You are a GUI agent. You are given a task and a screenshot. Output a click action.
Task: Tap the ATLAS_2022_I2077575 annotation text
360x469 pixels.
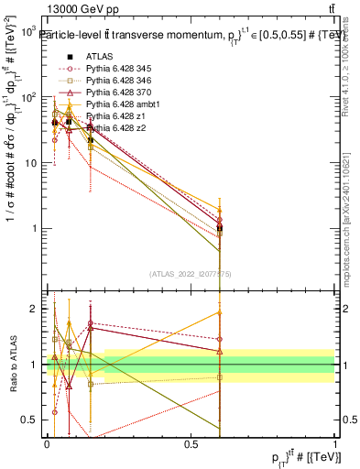coord(190,273)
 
